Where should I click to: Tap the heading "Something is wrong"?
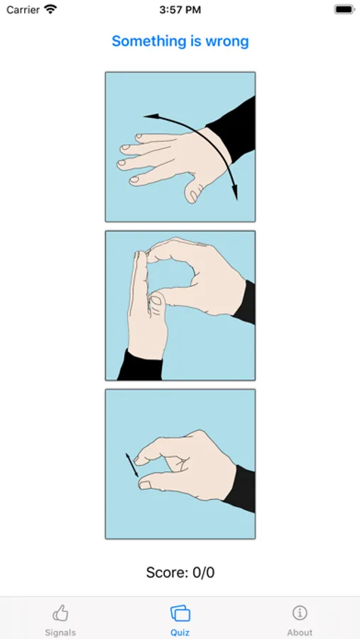point(180,41)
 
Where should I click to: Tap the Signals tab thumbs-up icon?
point(60,613)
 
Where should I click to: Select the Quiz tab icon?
point(180,613)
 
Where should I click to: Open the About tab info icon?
point(300,613)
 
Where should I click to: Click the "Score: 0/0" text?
point(180,572)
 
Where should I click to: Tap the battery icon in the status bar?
point(344,9)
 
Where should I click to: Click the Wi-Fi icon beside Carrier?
point(50,9)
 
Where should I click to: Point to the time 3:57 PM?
point(180,10)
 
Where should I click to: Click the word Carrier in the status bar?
point(23,10)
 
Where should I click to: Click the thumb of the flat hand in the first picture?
point(194,192)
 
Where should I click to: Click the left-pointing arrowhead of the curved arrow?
point(151,117)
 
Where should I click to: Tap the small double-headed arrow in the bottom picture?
point(131,464)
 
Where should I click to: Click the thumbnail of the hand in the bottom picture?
point(145,484)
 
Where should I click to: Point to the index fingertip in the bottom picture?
point(139,459)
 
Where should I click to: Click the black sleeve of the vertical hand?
point(141,365)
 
